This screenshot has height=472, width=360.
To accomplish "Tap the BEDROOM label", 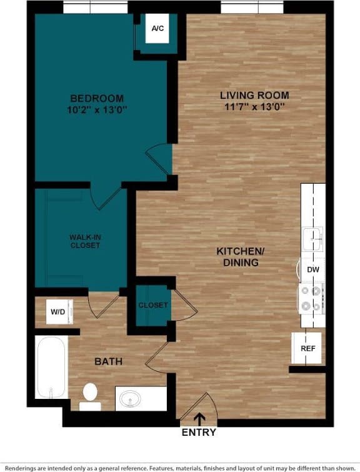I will [97, 98].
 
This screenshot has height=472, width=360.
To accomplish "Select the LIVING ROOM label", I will [254, 95].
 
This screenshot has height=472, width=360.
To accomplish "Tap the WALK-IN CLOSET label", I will [84, 241].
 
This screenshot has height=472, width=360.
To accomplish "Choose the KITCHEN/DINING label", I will [241, 257].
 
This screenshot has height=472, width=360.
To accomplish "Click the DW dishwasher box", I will [312, 269].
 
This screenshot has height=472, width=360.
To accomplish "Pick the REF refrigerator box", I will [307, 349].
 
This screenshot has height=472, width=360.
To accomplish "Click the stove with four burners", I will [311, 298].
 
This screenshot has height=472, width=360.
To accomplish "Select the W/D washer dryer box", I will [58, 311].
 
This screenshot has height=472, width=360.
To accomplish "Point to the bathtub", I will [51, 367].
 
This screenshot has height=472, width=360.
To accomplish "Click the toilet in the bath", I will [91, 396].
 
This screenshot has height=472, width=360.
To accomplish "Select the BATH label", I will [108, 361].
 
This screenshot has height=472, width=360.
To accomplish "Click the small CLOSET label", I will [153, 305].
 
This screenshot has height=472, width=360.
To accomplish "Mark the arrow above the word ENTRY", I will [199, 419].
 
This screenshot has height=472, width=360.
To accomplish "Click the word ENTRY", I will [199, 432].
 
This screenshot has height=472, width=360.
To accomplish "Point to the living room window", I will [251, 8].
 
